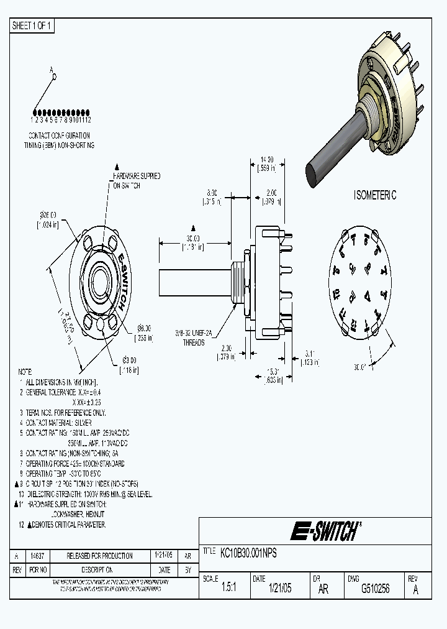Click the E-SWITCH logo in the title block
click(x=324, y=531)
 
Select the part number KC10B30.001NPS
click(x=249, y=551)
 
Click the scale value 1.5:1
click(x=228, y=589)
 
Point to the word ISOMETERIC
click(x=374, y=195)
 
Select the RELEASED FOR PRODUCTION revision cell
click(x=100, y=556)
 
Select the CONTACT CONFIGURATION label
click(x=59, y=135)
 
